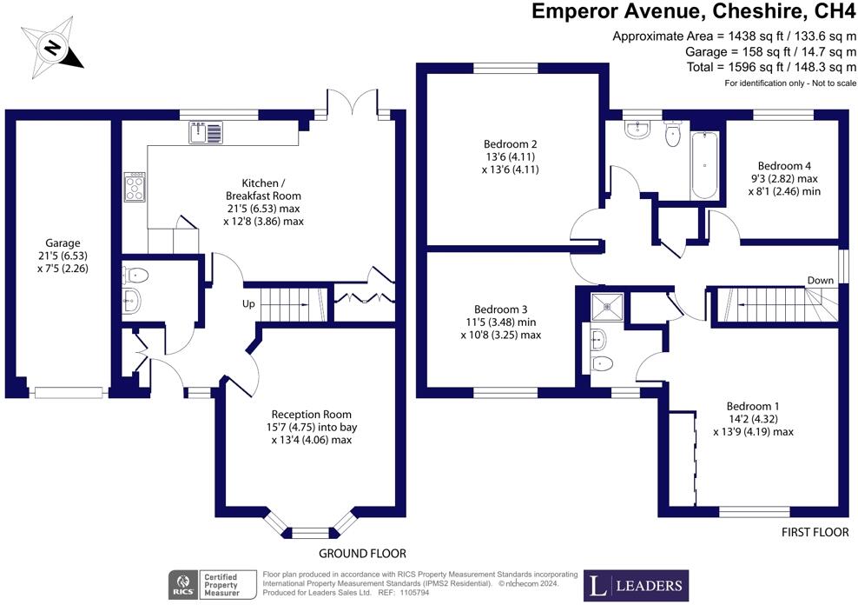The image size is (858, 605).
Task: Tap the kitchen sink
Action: click(x=206, y=132)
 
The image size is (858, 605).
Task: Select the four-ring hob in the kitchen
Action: click(x=135, y=187)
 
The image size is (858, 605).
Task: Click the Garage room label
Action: click(x=63, y=243)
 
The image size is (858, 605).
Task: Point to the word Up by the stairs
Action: click(x=248, y=304)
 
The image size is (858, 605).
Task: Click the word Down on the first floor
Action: click(x=821, y=280)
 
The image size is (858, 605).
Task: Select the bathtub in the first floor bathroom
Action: click(x=704, y=166)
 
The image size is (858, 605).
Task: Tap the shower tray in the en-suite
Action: click(x=607, y=309)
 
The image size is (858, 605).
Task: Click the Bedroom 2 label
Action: click(x=510, y=144)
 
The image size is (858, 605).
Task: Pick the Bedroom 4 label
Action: click(x=784, y=166)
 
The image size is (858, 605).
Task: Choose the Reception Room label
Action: click(x=312, y=415)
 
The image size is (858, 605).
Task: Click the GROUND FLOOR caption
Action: click(x=362, y=554)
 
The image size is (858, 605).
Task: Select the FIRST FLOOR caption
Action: click(x=815, y=532)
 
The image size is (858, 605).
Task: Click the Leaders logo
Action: click(x=636, y=586)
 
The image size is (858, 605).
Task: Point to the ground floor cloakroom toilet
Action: click(x=135, y=275)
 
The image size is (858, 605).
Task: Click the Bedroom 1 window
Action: click(x=754, y=511)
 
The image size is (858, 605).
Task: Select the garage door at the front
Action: click(x=69, y=392)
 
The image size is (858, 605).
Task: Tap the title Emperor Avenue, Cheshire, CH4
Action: click(x=693, y=11)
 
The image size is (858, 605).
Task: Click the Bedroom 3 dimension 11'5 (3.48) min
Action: click(x=501, y=322)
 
